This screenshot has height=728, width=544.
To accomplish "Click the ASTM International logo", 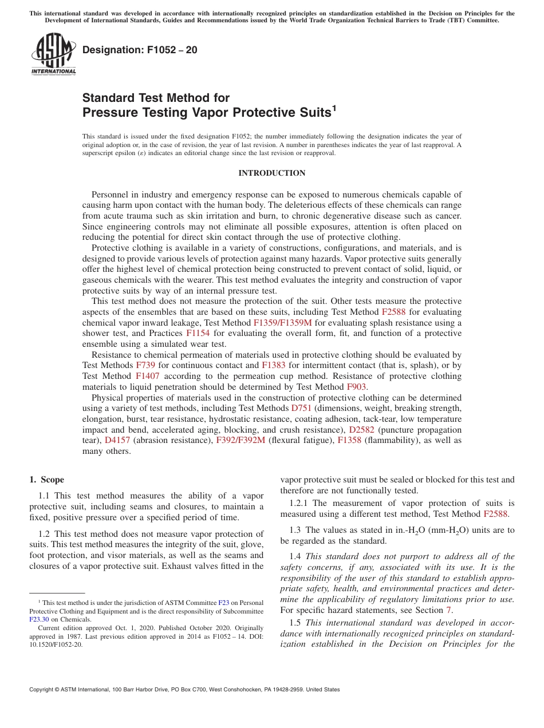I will tap(53, 54).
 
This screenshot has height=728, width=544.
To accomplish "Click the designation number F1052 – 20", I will tap(140, 50).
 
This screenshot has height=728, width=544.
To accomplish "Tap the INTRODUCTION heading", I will tap(271, 173).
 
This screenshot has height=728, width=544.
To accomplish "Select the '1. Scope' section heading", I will tap(46, 480).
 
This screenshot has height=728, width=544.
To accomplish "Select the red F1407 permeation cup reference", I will tap(147, 376).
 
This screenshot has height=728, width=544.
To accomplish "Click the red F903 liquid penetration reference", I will tap(353, 387).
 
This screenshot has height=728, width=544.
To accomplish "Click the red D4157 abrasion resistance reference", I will tap(117, 440).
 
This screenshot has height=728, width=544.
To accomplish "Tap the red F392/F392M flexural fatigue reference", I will tap(241, 440).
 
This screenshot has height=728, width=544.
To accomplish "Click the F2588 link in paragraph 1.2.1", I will tap(495, 514).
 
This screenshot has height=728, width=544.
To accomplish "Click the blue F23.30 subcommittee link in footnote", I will tap(39, 619).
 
